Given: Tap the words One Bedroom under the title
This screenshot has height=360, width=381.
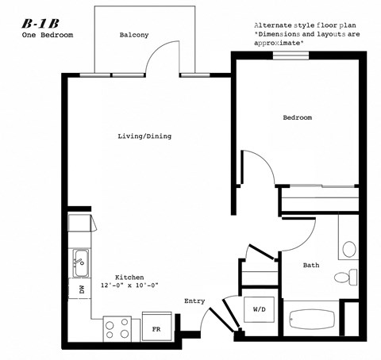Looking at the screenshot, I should [x=42, y=36].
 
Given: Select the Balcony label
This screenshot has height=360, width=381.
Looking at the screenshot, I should [x=133, y=36].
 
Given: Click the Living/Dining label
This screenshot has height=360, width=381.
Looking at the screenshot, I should [x=144, y=136].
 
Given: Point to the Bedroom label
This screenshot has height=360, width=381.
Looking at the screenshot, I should [x=298, y=118].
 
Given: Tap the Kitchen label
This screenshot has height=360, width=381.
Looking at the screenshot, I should [x=128, y=278].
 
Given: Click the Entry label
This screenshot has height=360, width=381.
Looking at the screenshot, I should [x=195, y=301].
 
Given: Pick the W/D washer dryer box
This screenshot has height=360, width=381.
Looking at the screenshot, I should [x=260, y=308].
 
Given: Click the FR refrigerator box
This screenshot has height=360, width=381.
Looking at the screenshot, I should [x=157, y=327].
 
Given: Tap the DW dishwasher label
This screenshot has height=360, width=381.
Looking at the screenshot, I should [x=82, y=289].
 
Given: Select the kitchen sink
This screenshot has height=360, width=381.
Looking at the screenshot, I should [x=81, y=259].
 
